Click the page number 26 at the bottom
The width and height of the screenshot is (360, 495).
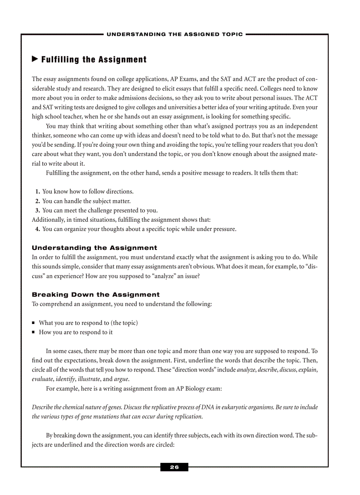point(174,467)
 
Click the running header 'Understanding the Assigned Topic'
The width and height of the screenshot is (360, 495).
point(175,34)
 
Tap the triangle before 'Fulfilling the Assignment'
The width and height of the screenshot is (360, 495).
point(35,59)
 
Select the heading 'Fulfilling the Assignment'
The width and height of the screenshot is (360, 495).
point(94,60)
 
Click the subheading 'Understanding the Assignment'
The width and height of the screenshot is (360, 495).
point(94,248)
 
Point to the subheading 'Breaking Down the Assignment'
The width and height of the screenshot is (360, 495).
point(96,294)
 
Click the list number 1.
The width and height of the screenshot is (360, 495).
point(38,192)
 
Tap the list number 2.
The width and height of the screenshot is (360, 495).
point(38,201)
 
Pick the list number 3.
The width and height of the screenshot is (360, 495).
point(38,210)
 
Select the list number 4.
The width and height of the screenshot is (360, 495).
point(38,229)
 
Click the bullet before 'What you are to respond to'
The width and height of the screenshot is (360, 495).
point(34,323)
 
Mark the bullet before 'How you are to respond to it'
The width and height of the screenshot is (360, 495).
point(34,332)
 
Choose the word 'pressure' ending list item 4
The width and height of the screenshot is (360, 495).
point(224,229)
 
